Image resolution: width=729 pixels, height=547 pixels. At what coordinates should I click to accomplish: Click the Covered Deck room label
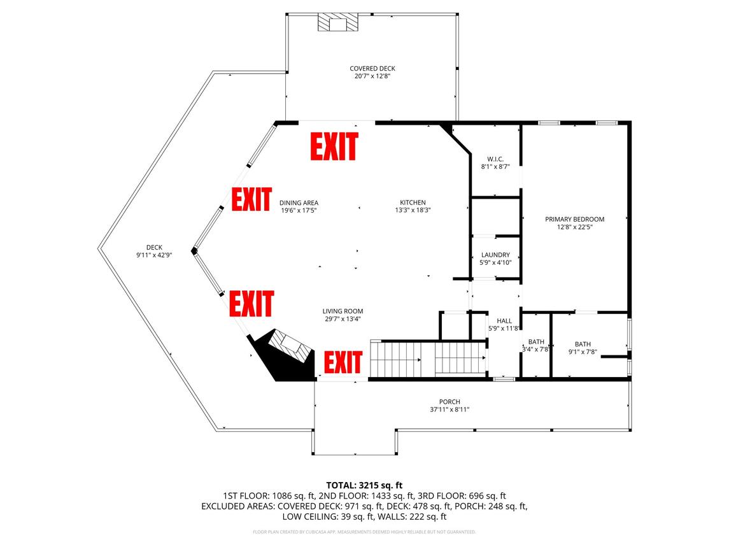coord(372,68)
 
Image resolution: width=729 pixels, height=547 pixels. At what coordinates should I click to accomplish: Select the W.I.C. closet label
coord(495,159)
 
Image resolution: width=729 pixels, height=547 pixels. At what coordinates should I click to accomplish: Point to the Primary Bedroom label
coord(575,219)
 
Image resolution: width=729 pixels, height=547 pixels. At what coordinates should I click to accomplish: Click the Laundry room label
coord(495,255)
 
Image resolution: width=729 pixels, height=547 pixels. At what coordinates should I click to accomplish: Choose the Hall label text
coord(504,320)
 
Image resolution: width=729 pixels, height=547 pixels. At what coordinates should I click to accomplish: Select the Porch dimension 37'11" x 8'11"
coord(449,410)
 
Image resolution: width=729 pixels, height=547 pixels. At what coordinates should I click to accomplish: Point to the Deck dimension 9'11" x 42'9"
coord(154,255)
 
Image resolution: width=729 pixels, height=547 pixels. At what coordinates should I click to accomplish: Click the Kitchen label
coord(413,202)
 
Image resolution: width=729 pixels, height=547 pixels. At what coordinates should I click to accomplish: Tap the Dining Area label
coord(299,202)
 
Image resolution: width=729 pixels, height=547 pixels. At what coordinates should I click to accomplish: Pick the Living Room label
coord(343,311)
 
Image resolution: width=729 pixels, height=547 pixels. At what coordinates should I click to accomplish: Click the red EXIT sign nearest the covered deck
coord(334,146)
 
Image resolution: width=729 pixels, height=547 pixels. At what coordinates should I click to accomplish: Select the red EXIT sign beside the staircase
coord(343,362)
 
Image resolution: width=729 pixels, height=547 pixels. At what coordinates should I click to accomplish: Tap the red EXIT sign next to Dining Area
coord(251,199)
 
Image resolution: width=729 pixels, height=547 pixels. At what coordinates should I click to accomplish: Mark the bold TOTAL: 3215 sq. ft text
coord(364,486)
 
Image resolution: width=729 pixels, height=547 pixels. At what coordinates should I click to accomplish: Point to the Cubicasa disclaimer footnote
coord(364,532)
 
